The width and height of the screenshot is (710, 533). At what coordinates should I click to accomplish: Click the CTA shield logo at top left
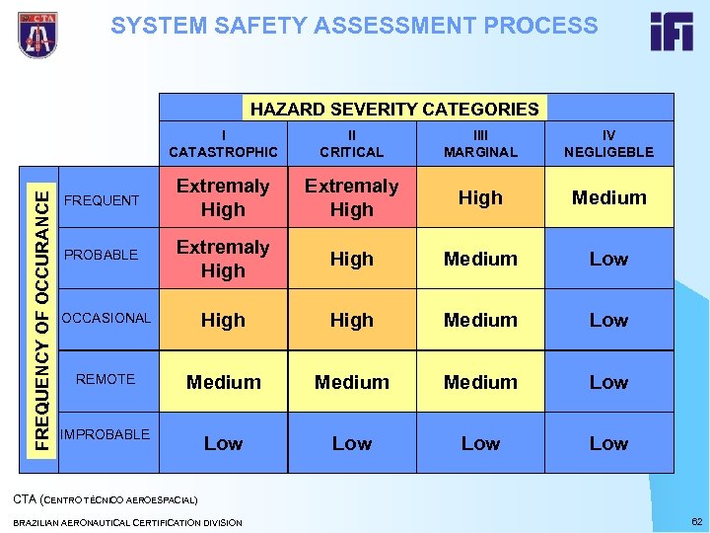pos(37,35)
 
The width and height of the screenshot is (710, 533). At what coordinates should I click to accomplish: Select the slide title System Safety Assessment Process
pos(354,26)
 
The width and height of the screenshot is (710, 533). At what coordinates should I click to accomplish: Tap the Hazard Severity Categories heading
pos(394,109)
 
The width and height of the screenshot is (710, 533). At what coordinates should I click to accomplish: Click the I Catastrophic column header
pos(223,144)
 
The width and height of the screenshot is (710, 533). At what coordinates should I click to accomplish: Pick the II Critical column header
pos(352,144)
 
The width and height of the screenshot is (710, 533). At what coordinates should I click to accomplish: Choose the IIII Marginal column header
pos(480,144)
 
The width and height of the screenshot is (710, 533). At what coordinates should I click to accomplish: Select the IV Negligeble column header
pos(608,144)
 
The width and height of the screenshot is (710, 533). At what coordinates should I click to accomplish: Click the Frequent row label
pos(102,200)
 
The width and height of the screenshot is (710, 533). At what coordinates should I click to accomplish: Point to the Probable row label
pos(101,256)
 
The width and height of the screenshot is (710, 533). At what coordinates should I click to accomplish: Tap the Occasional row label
pos(106,318)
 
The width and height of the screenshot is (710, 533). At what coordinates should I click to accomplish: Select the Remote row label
pos(106,379)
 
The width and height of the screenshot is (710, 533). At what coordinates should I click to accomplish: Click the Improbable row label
pos(105,434)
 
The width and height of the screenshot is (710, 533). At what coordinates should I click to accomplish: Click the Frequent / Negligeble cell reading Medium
pos(609,197)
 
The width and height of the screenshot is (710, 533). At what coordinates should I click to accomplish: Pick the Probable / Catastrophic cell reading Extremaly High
pos(223,259)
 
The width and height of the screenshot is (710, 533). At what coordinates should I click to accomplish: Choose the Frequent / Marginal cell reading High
pos(480,197)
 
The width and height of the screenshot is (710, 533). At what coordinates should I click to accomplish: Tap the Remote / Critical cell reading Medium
pos(352,382)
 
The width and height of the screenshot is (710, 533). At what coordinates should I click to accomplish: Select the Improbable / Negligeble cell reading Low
pos(608,443)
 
